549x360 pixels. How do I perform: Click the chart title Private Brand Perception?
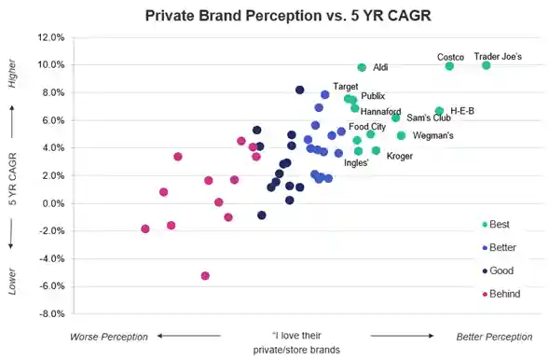pos(274,16)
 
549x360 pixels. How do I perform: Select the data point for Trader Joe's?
pos(487,65)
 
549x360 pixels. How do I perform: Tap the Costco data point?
pos(449,66)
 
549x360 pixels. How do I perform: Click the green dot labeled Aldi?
pos(363,67)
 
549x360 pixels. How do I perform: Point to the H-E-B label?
pos(461,111)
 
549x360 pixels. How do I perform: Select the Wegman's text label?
pos(432,135)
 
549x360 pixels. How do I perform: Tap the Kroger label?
pos(399,156)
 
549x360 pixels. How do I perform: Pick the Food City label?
pos(367,127)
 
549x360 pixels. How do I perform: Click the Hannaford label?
pos(380,111)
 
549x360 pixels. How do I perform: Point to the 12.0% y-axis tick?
pos(50,37)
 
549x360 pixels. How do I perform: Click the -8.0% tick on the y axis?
pos(50,313)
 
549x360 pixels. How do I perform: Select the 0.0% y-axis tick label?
pos(52,203)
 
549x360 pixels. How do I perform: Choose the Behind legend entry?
pos(504,294)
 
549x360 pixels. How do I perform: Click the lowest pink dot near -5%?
pos(205,276)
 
